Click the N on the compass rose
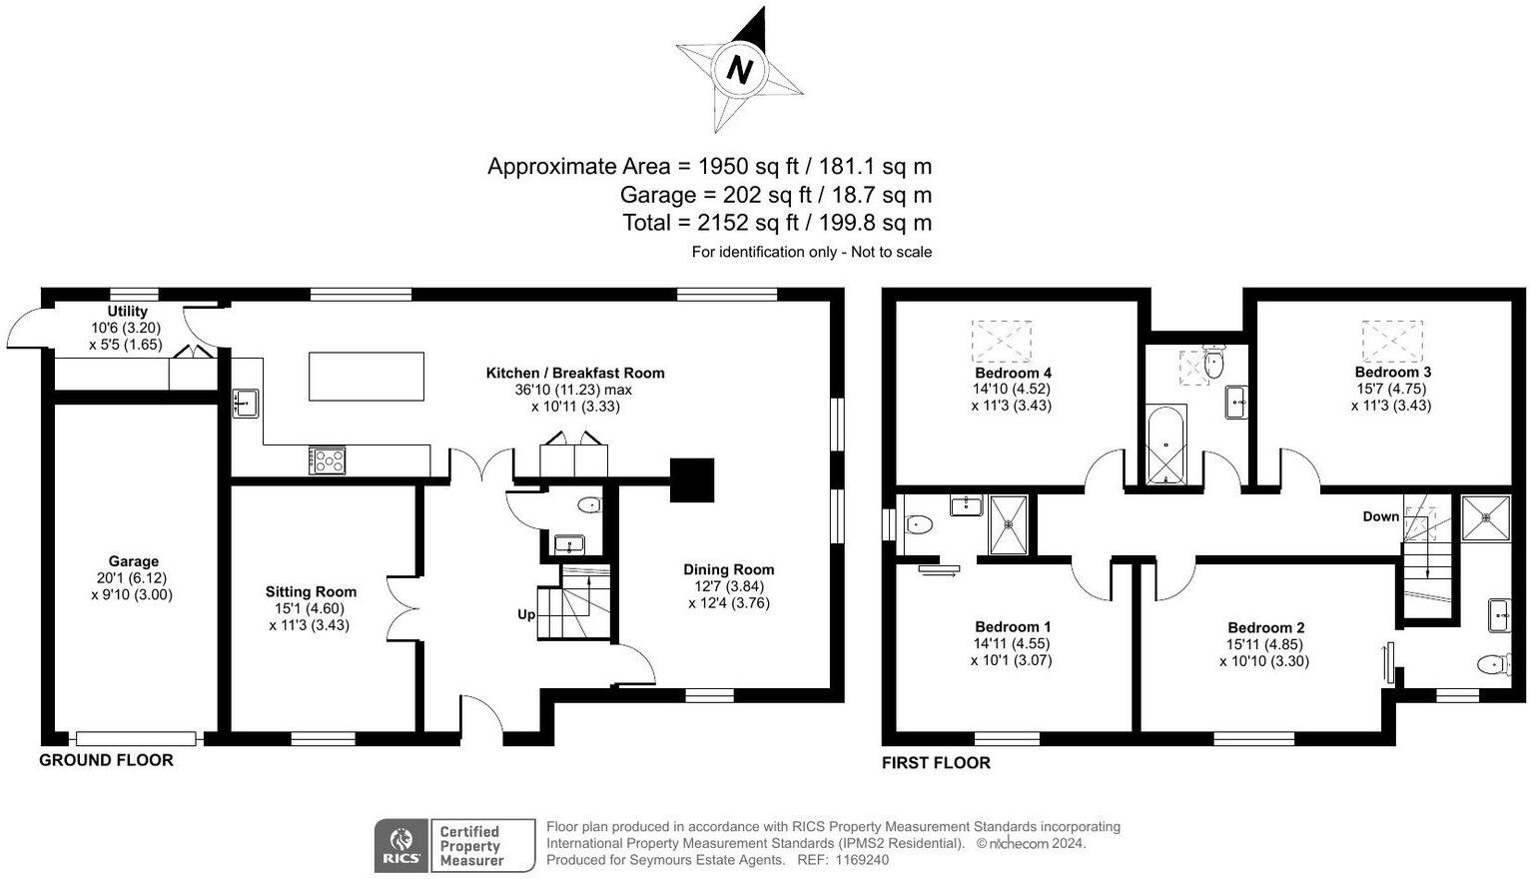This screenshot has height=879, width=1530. [739, 69]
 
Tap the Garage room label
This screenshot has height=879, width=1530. [134, 561]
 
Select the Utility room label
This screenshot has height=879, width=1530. [127, 312]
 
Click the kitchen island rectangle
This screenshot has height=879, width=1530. [367, 376]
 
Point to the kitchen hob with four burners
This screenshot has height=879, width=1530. [329, 459]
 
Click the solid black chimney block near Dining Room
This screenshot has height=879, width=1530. [692, 479]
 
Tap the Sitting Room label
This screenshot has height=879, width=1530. [311, 591]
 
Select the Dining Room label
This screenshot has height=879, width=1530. [728, 569]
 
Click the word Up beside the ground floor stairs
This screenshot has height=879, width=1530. [526, 614]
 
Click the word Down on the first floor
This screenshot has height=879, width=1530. [1381, 516]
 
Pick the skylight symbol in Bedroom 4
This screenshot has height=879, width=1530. [1002, 341]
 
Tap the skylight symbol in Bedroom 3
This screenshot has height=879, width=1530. [1392, 341]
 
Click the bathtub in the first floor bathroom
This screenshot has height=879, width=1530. [1165, 444]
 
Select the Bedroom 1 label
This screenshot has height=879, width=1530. [1012, 627]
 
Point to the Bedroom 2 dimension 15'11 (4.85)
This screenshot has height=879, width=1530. [1265, 644]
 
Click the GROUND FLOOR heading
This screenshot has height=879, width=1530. [106, 760]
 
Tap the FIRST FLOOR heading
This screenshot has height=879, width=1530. [936, 763]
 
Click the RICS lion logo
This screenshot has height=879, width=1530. [401, 845]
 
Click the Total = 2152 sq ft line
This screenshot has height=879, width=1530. [777, 222]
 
